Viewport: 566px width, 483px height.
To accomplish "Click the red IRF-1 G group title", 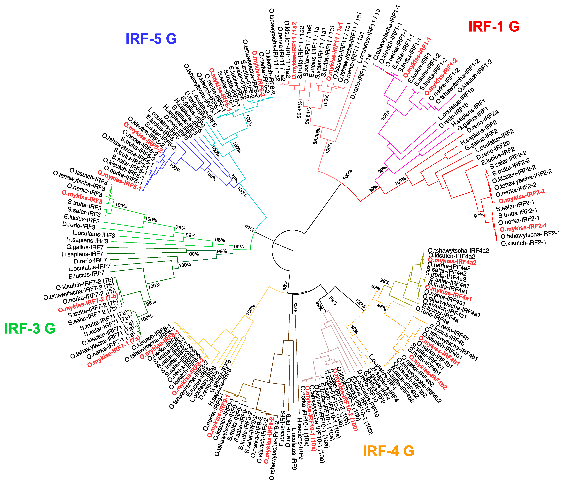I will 494,26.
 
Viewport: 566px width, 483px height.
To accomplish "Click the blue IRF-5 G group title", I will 151,39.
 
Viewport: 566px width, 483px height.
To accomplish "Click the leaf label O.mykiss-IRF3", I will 82,197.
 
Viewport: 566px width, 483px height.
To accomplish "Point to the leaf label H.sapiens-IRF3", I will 87,240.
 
